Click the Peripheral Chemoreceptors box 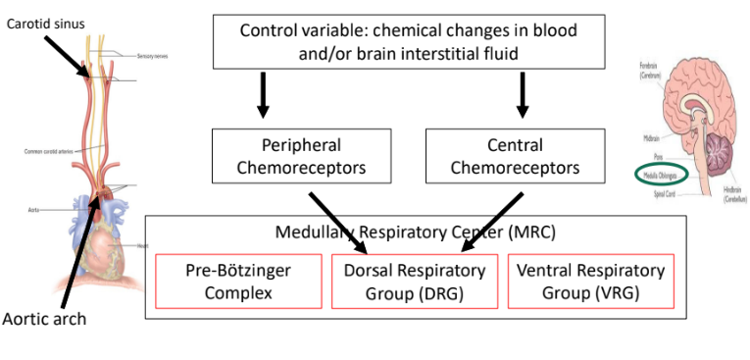288,156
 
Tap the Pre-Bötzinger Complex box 238,281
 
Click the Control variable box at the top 409,41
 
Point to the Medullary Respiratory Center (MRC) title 409,233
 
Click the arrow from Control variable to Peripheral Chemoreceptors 262,94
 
